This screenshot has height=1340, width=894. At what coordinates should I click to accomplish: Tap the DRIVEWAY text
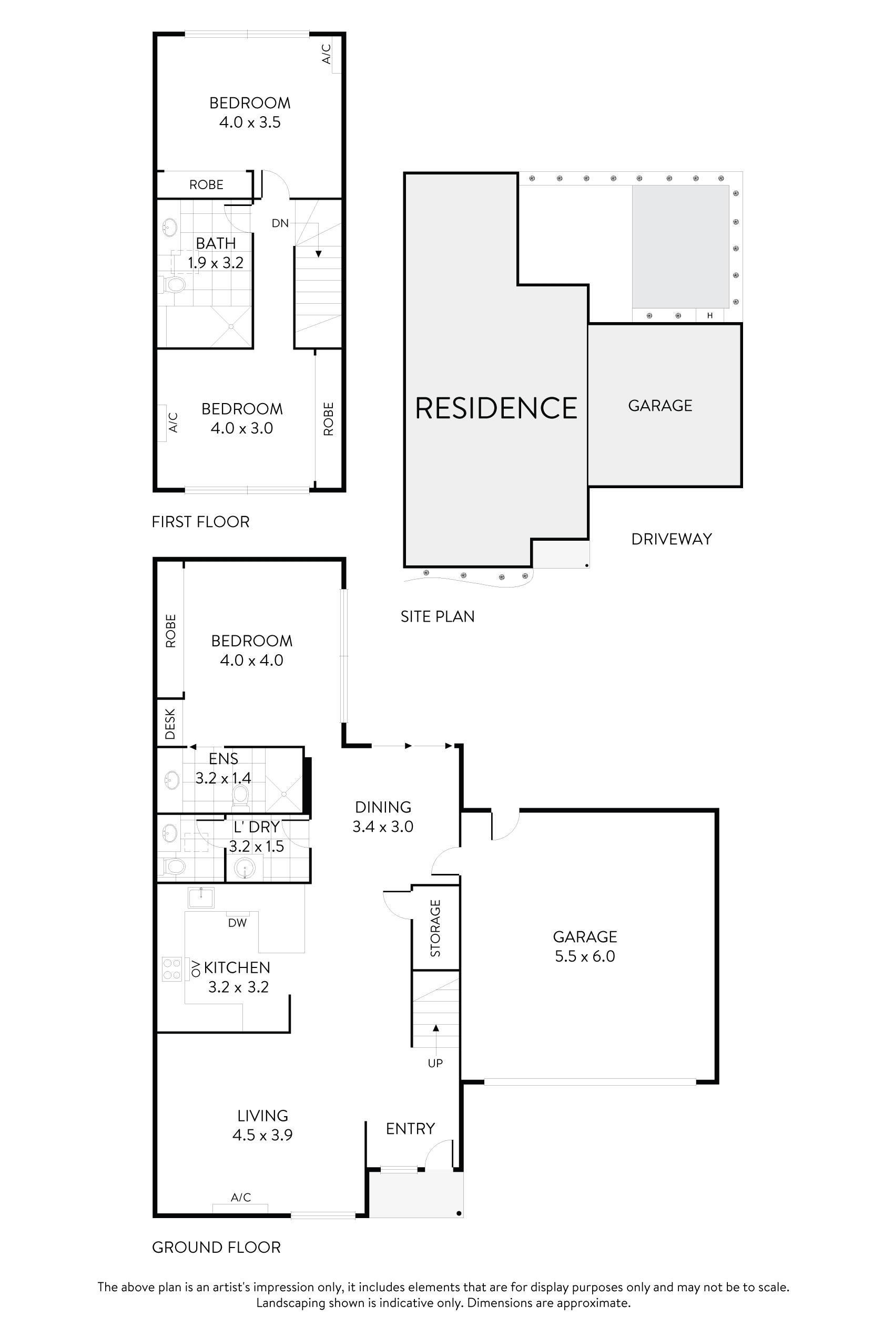click(671, 539)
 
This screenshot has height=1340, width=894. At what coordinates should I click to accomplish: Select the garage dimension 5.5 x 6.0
click(584, 956)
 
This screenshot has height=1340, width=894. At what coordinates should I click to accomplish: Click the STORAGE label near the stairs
click(435, 927)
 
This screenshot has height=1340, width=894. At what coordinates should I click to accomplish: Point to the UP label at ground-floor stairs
click(435, 1063)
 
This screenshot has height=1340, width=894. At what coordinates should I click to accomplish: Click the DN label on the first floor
click(279, 223)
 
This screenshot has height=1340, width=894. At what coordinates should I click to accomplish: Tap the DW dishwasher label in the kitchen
click(237, 923)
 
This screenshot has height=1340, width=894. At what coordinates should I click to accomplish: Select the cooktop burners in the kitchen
click(171, 969)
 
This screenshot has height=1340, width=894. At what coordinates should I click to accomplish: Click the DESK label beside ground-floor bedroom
click(170, 724)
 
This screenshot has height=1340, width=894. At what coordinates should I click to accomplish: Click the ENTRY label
click(410, 1129)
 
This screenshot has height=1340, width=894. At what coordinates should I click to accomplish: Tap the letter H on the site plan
click(710, 315)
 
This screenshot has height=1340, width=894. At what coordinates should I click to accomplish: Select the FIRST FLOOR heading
click(200, 522)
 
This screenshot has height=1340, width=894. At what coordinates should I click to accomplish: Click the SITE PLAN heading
click(438, 616)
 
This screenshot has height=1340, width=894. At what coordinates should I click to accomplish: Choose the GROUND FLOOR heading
click(216, 1247)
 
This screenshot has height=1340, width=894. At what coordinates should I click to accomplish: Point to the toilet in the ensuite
click(241, 794)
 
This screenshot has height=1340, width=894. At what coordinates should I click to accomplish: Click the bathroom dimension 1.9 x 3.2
click(216, 263)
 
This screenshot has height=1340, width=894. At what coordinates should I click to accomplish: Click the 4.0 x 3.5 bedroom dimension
click(250, 122)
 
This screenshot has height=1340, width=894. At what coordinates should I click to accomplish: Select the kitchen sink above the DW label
click(201, 898)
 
